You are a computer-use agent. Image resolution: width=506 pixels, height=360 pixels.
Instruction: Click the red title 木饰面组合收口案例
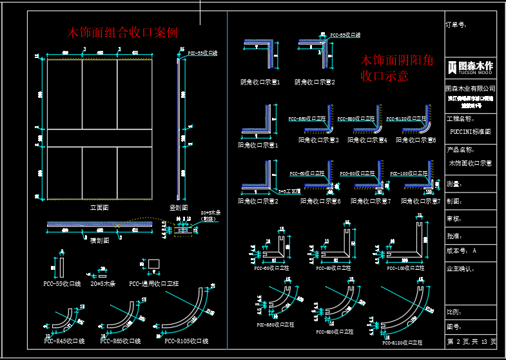click(x=123, y=32)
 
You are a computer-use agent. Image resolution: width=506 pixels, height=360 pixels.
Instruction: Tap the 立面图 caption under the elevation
click(x=99, y=207)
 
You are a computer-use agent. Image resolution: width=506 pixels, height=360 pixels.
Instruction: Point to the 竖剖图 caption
click(x=179, y=207)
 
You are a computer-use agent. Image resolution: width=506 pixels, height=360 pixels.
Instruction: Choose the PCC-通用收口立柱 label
click(x=154, y=283)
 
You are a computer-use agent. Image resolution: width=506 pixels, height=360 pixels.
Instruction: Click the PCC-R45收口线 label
click(x=64, y=341)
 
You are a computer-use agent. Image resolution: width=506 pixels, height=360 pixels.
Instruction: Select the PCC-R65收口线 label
click(x=121, y=341)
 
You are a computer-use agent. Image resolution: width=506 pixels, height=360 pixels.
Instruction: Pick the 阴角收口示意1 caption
click(x=260, y=82)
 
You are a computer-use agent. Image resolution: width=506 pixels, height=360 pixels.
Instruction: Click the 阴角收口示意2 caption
click(x=315, y=82)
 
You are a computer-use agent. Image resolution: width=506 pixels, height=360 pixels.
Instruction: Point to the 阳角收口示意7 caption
click(x=371, y=201)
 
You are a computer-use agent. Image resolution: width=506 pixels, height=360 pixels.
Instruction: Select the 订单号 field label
click(x=456, y=25)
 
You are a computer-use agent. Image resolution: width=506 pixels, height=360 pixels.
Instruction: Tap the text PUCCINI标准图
click(x=471, y=131)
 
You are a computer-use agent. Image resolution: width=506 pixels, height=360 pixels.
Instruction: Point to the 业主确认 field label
click(x=461, y=268)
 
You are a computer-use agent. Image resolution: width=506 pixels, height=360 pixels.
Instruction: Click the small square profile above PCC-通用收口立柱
click(x=153, y=265)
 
